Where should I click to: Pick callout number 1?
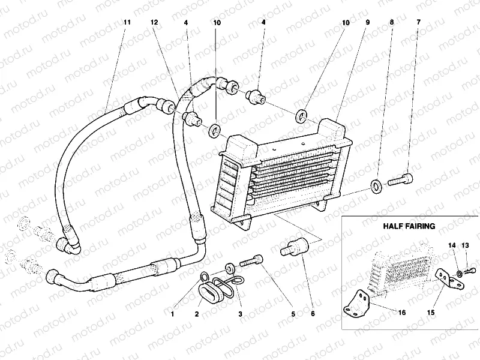click(172, 313)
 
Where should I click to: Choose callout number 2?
click(197, 313)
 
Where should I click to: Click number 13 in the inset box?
click(465, 245)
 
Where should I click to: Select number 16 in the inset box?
click(401, 313)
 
